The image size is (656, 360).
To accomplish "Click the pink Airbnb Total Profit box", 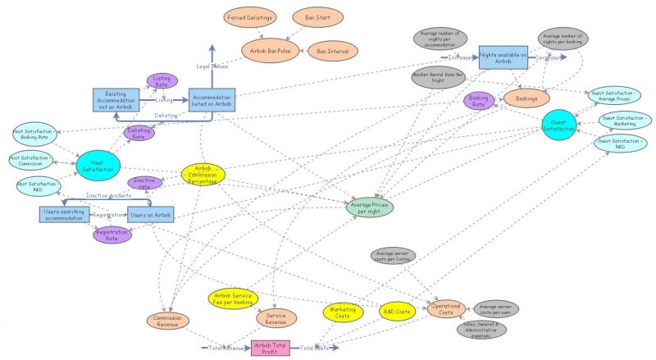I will coord(271,349).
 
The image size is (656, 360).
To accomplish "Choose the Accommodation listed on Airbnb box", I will coord(212,100).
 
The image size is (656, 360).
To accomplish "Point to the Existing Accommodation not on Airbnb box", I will coord(116,100).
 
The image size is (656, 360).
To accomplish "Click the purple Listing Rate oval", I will coord(162,80).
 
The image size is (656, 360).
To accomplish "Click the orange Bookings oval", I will coord(521,98).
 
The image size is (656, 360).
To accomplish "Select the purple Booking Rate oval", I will coord(478,101).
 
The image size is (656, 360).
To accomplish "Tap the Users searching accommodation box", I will coord(62,214).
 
